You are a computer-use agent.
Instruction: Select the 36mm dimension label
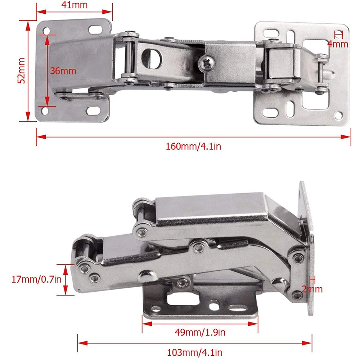pyautogui.click(x=63, y=71)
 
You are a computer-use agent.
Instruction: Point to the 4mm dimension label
pyautogui.click(x=338, y=44)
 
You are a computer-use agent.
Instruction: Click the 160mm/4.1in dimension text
pyautogui.click(x=193, y=147)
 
